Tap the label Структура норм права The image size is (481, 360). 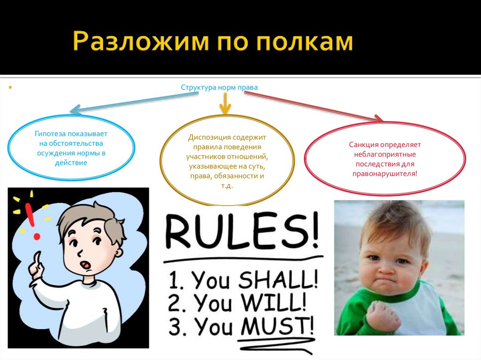click(219, 87)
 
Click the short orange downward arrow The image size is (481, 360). click(225, 104)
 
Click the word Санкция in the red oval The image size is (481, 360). click(363, 145)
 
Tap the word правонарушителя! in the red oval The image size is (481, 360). click(385, 173)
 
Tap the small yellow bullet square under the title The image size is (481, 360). click(9, 87)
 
